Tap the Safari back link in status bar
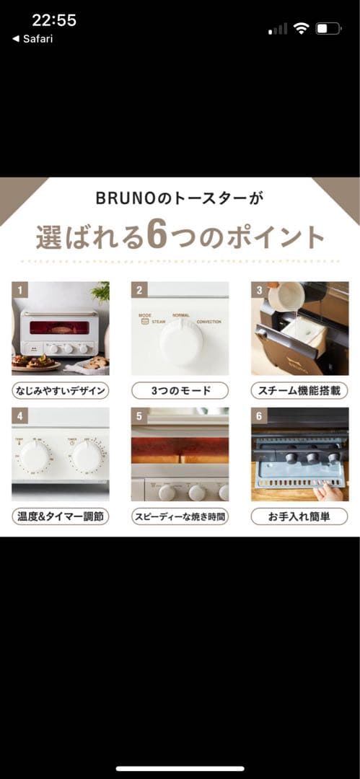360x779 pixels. pyautogui.click(x=32, y=39)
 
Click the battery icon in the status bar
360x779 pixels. pyautogui.click(x=329, y=29)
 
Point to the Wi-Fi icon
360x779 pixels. pyautogui.click(x=302, y=29)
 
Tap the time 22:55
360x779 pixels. pyautogui.click(x=53, y=20)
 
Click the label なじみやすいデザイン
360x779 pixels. pyautogui.click(x=61, y=391)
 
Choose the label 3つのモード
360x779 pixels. pyautogui.click(x=180, y=391)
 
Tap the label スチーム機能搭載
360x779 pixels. pyautogui.click(x=299, y=391)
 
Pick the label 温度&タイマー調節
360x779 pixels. pyautogui.click(x=61, y=516)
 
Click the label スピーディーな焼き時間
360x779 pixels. pyautogui.click(x=180, y=516)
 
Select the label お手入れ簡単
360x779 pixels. pyautogui.click(x=299, y=516)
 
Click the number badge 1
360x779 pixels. pyautogui.click(x=20, y=291)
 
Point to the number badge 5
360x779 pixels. pyautogui.click(x=140, y=416)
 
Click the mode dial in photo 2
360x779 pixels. pyautogui.click(x=180, y=340)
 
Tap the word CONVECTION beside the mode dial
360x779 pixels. pyautogui.click(x=208, y=322)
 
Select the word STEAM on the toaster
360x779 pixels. pyautogui.click(x=159, y=322)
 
